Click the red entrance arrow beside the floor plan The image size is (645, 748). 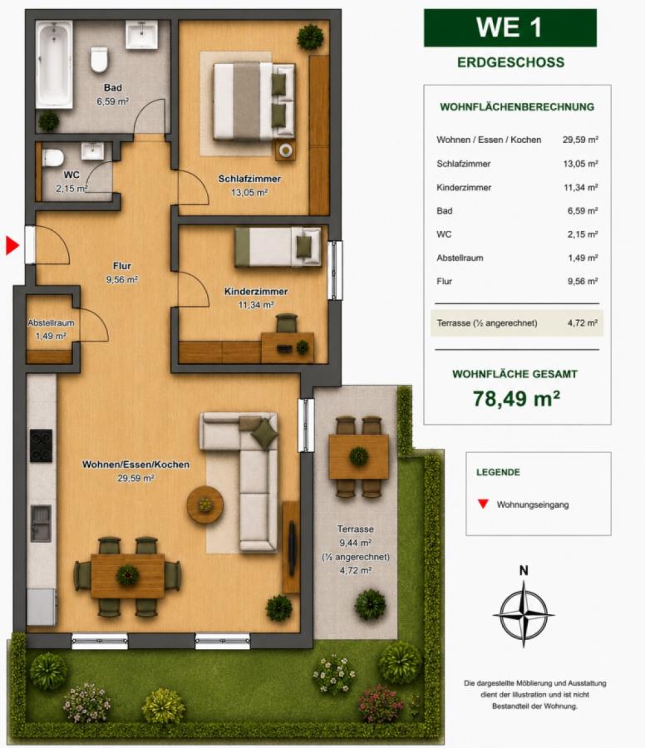click(x=12, y=245)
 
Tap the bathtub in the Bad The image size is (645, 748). click(x=54, y=64)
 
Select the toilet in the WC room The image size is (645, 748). click(x=53, y=157)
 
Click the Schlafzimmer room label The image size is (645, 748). click(x=249, y=179)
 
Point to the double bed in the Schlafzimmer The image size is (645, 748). click(x=254, y=101)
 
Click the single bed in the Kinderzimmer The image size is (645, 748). click(x=278, y=247)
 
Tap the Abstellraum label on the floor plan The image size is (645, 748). click(x=51, y=323)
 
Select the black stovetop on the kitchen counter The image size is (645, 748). click(x=41, y=445)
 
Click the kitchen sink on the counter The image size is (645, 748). click(x=41, y=523)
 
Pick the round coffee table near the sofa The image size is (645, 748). click(x=205, y=504)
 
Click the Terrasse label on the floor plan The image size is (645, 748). click(x=355, y=529)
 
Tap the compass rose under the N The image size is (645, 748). click(x=524, y=614)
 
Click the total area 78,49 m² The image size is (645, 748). click(x=516, y=398)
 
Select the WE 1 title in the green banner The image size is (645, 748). click(x=510, y=27)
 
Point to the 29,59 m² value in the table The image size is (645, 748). click(x=580, y=140)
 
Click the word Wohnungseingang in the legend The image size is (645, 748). click(x=533, y=504)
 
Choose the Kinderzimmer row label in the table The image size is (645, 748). click(x=464, y=188)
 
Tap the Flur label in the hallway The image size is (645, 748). click(x=121, y=266)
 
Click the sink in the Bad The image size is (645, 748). click(x=141, y=35)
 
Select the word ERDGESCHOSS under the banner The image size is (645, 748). click(x=510, y=62)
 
